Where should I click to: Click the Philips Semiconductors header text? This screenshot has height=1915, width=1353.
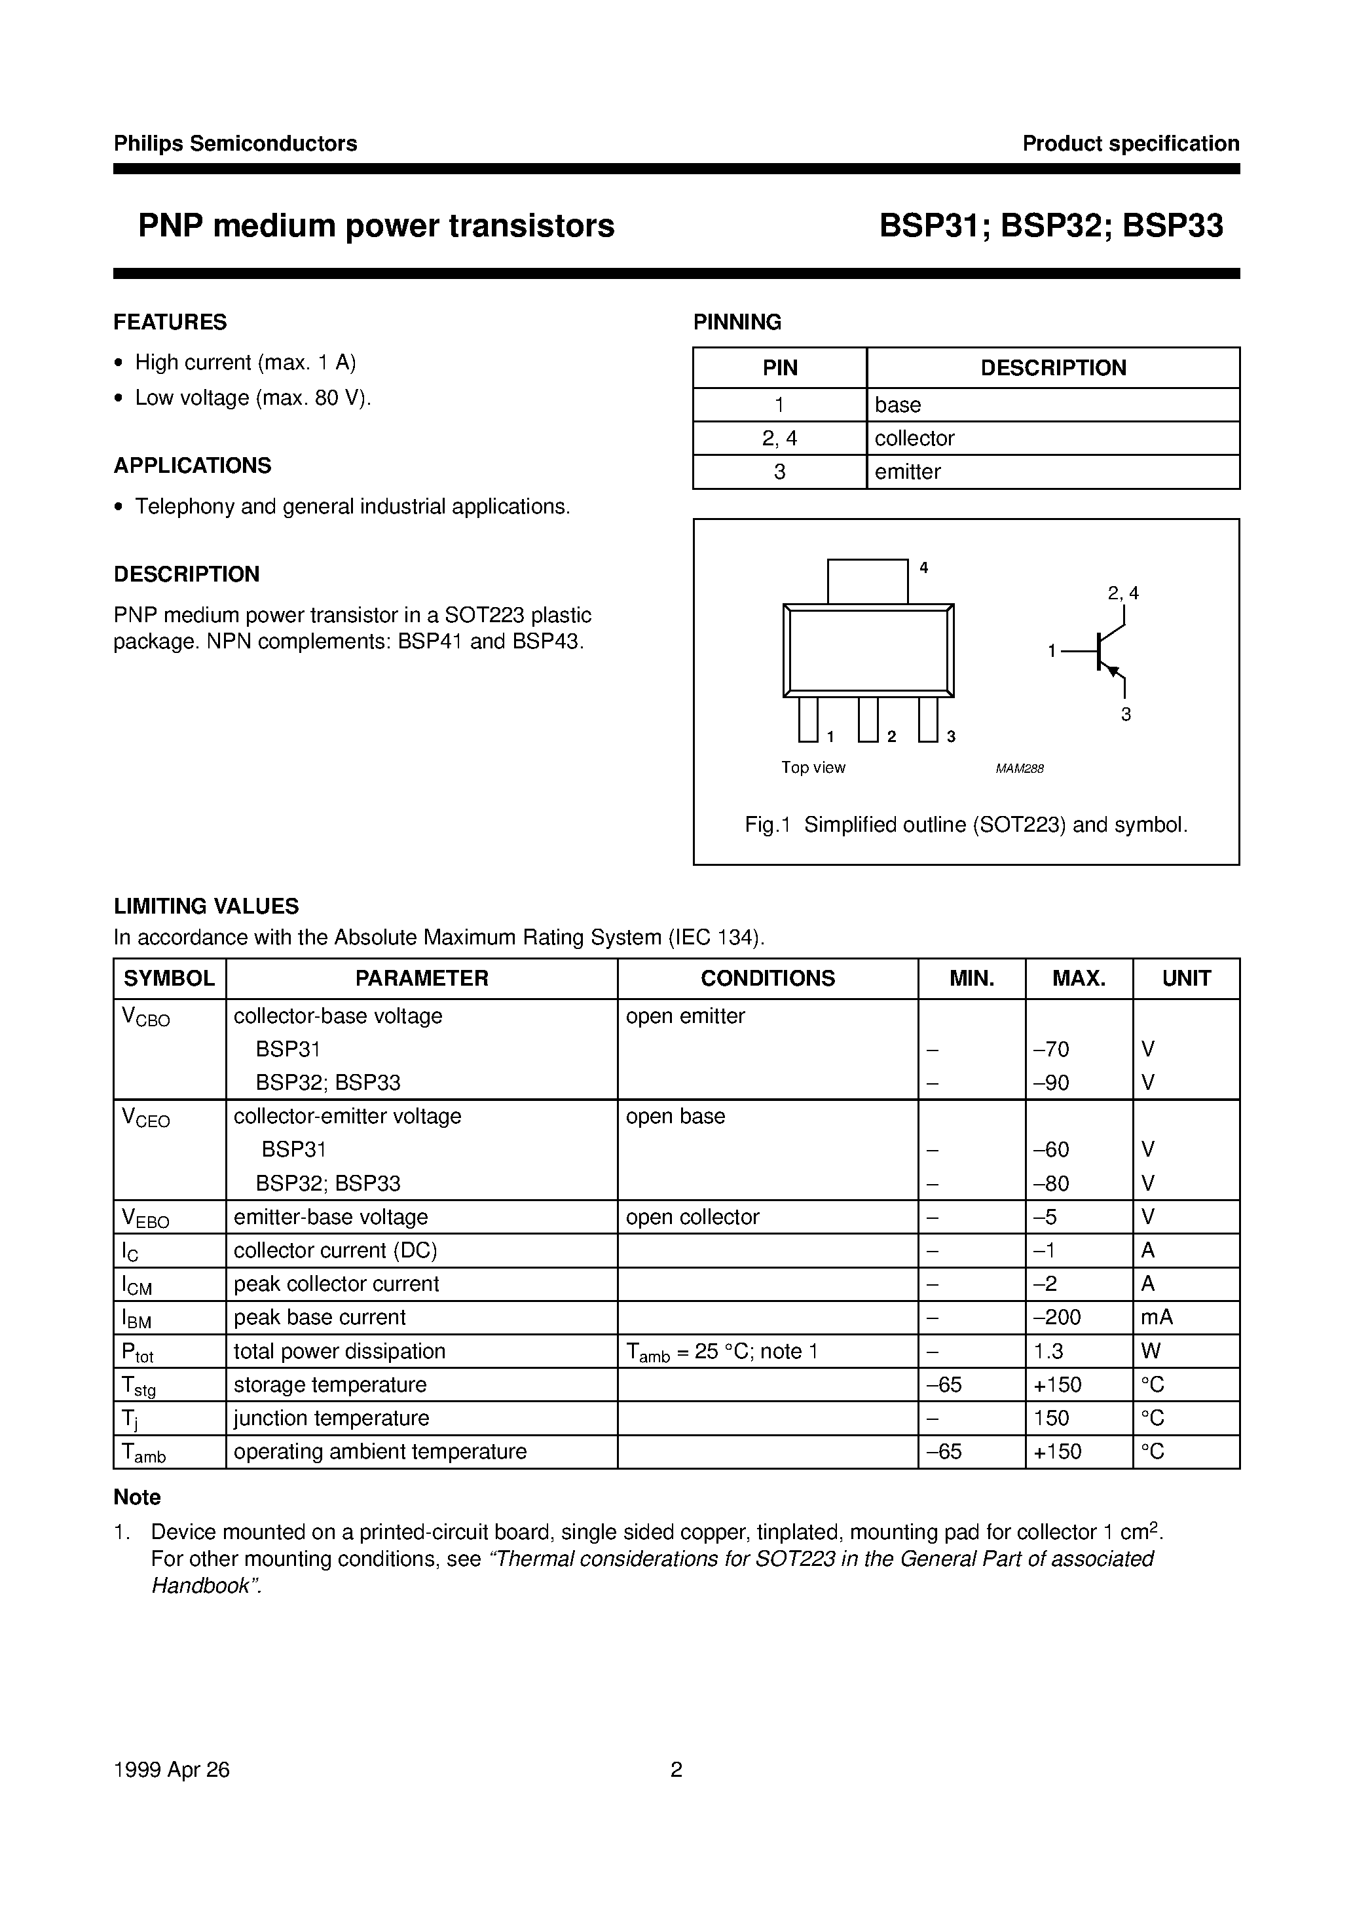[235, 143]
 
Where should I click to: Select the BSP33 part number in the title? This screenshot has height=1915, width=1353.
[1173, 226]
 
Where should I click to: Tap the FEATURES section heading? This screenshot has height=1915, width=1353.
[170, 322]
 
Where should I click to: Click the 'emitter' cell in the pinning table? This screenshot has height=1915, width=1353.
[908, 472]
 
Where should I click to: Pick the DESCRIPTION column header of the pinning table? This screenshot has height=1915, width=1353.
[1052, 368]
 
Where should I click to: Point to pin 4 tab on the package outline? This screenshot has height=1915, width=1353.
[868, 580]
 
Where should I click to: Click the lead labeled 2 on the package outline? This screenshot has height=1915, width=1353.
[868, 719]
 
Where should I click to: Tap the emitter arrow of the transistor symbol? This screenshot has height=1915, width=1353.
[1112, 670]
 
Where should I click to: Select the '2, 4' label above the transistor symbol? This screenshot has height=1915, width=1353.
[1122, 593]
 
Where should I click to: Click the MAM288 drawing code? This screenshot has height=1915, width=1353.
[1020, 769]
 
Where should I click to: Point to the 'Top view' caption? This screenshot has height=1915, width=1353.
[813, 768]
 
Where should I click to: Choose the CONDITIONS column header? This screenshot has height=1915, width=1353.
[768, 978]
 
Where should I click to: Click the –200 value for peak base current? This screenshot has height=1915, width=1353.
[1057, 1317]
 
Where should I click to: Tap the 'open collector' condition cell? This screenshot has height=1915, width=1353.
[692, 1217]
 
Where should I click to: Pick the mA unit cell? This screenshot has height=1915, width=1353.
[1156, 1317]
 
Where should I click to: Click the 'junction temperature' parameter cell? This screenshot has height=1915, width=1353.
[331, 1418]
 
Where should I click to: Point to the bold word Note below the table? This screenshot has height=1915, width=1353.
[137, 1497]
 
